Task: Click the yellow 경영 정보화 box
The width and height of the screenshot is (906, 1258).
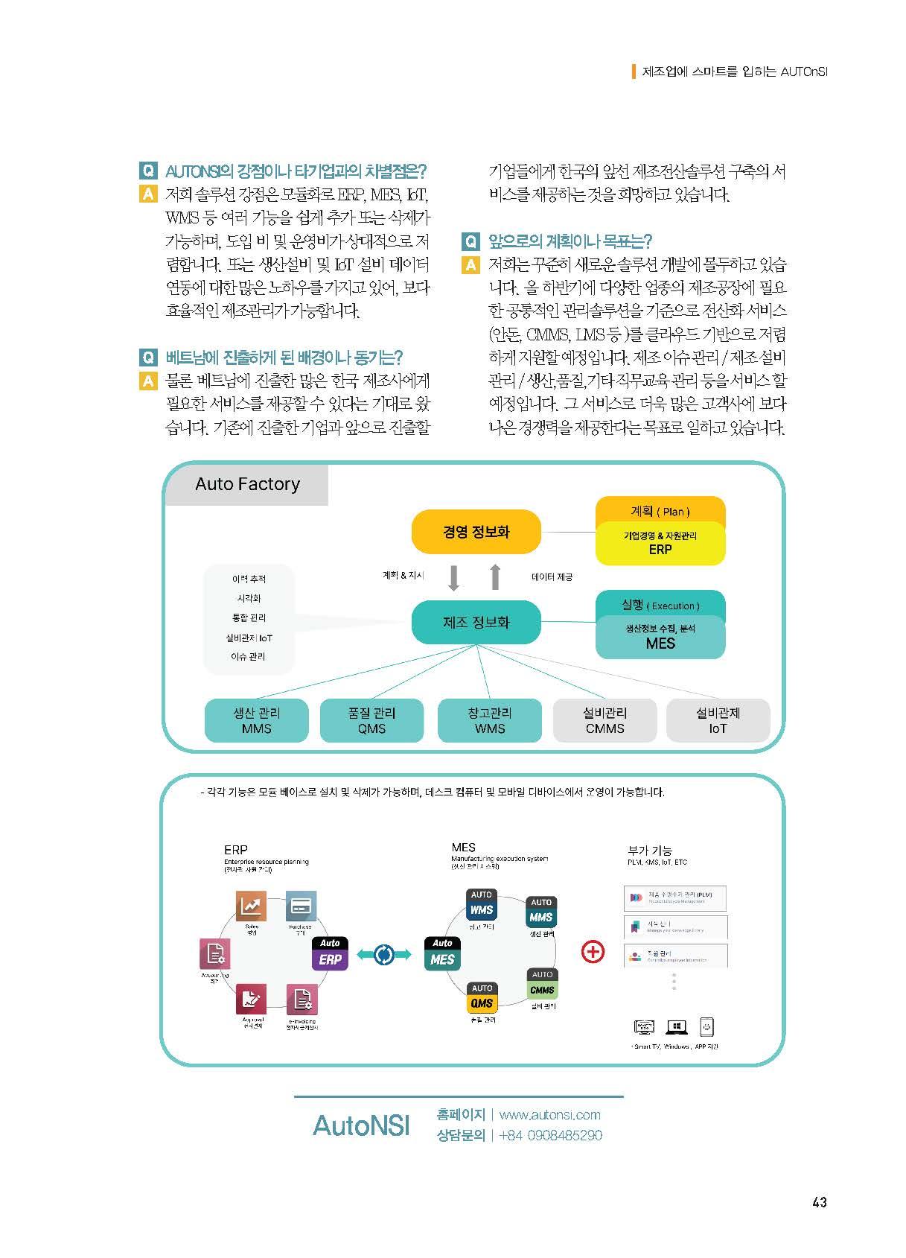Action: [x=476, y=532]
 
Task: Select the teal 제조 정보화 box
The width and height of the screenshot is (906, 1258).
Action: [x=476, y=623]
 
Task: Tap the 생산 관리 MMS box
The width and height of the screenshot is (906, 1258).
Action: [x=256, y=720]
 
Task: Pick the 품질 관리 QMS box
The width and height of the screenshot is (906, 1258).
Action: [x=371, y=720]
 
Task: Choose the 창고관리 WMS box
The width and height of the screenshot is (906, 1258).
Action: [x=489, y=720]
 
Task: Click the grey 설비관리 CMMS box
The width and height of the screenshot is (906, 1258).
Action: [x=604, y=720]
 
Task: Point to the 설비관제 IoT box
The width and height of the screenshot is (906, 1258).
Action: [x=718, y=720]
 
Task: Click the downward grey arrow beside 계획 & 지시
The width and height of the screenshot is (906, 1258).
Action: [x=454, y=577]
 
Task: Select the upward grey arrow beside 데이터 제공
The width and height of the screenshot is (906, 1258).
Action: [x=495, y=577]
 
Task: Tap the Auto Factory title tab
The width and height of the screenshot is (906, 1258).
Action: [x=246, y=485]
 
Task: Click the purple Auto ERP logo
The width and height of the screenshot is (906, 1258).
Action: [x=330, y=953]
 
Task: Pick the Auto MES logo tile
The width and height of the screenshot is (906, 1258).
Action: [x=443, y=953]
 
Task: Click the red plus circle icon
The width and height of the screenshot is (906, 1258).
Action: [x=593, y=952]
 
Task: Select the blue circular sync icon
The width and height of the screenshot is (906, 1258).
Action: [x=385, y=954]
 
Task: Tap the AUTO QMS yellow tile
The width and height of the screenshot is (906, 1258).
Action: [x=482, y=997]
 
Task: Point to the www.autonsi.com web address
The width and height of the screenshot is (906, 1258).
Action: [x=549, y=1114]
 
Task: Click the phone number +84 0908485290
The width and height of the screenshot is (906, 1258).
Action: [x=550, y=1135]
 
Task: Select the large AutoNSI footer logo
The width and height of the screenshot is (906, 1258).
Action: [x=361, y=1125]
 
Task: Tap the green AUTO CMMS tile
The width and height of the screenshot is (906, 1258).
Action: [x=542, y=984]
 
